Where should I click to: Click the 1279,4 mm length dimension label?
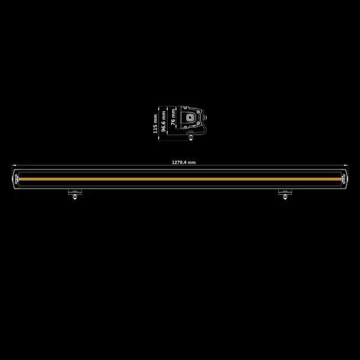click(183, 163)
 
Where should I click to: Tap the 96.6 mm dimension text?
click(164, 120)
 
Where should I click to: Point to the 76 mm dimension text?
click(173, 116)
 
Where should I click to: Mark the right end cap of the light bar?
click(345, 178)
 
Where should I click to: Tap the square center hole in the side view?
click(192, 118)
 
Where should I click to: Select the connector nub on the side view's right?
click(205, 117)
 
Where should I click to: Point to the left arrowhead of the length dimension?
click(13, 166)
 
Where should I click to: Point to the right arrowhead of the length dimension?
click(347, 166)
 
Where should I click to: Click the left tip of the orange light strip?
click(21, 178)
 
